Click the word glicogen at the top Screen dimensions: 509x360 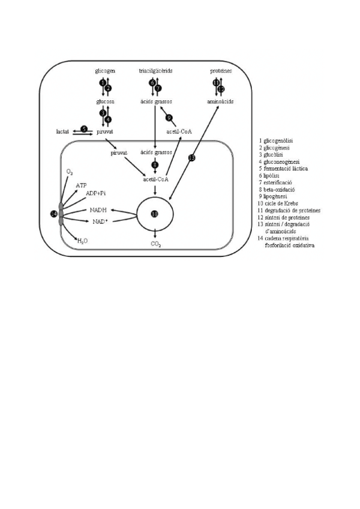coord(105,71)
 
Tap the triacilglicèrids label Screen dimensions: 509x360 coord(155,71)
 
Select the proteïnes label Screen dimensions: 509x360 coord(220,71)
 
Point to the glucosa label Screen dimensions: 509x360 coord(106,101)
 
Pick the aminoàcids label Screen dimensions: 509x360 coord(220,101)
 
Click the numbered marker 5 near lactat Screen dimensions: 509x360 coord(83,128)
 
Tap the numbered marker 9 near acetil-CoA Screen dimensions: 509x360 coord(170,117)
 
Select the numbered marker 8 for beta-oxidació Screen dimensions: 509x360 coord(155,164)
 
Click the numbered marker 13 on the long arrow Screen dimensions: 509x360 coord(192,158)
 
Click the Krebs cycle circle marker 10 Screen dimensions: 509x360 coord(155,214)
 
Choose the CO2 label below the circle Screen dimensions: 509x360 coord(155,244)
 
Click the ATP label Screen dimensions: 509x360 coord(81,186)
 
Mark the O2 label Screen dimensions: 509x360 coord(70,172)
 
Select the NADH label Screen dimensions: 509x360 coord(99,209)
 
